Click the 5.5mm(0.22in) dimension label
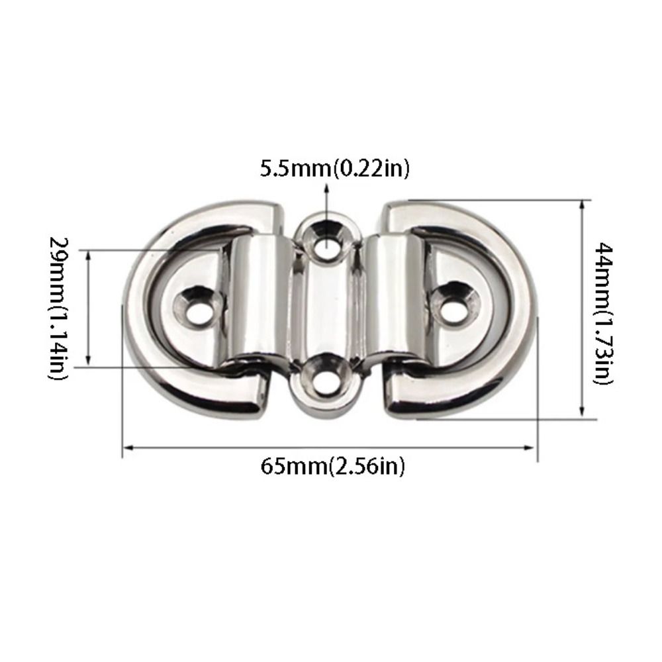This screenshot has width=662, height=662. coord(334,168)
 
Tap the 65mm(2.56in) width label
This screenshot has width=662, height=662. coord(332,466)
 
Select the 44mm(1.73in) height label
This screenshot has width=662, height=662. coord(605,312)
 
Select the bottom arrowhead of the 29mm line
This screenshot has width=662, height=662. coord(88,362)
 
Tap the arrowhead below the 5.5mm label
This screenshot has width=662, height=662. coord(326,191)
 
